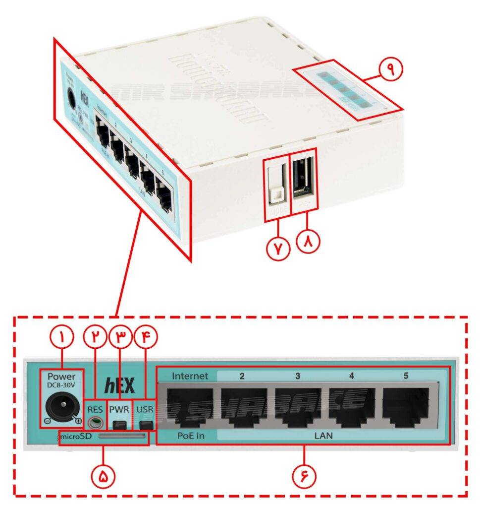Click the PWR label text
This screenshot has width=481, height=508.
point(119,409)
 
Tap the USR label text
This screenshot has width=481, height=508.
point(145,409)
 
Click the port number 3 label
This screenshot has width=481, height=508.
point(297,376)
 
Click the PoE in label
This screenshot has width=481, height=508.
point(188,436)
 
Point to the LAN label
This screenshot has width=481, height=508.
point(323,436)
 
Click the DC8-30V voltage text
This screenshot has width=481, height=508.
point(61,386)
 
